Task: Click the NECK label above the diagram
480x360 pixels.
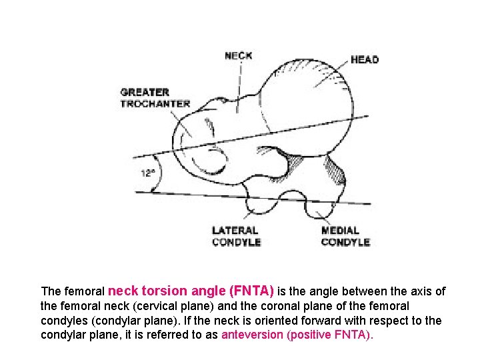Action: (238, 55)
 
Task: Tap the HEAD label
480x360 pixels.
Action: (364, 59)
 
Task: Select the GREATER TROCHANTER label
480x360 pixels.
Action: (155, 98)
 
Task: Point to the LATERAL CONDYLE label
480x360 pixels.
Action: (236, 236)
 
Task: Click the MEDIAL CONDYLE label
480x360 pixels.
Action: (345, 236)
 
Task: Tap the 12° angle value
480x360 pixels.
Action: (147, 173)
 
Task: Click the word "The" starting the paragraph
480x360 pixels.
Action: (51, 291)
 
